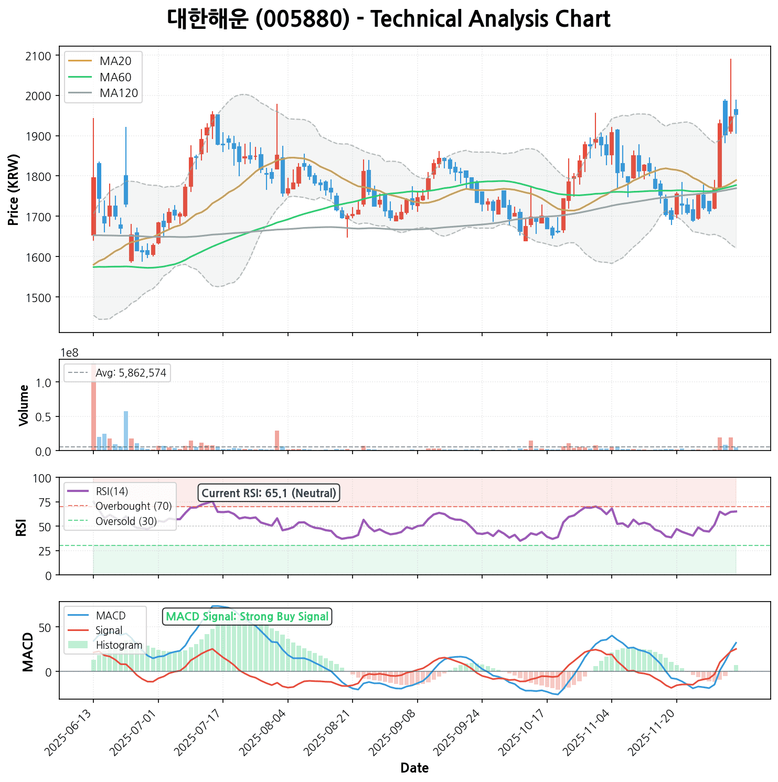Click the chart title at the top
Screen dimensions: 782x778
[389, 20]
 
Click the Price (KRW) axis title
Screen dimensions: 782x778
[14, 189]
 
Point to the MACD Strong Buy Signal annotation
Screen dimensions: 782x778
[247, 616]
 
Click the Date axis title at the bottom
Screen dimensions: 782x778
[414, 768]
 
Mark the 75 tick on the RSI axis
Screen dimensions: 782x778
[45, 503]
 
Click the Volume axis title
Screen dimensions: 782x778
[24, 405]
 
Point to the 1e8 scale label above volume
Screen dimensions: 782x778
[70, 352]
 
